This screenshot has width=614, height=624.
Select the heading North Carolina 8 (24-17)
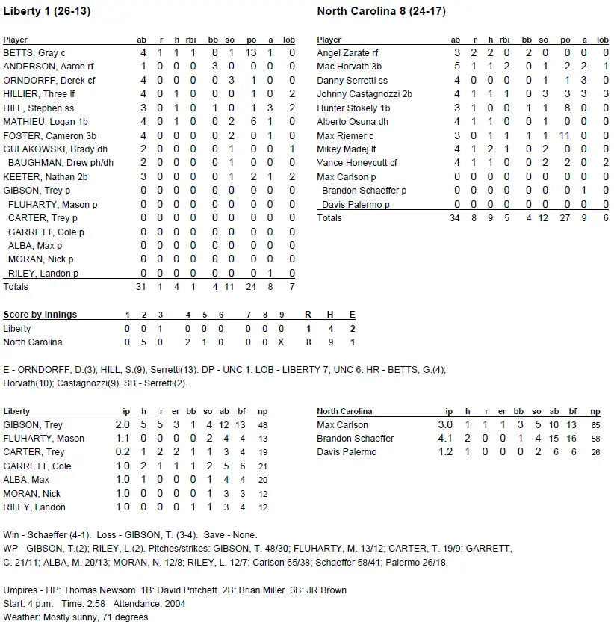click(x=382, y=11)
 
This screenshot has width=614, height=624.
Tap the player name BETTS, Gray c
click(x=34, y=53)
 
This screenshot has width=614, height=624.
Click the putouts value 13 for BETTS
click(x=251, y=53)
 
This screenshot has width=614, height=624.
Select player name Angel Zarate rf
click(x=347, y=53)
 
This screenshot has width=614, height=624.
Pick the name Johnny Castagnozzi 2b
click(x=365, y=94)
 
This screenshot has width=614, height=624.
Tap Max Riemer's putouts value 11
click(x=565, y=135)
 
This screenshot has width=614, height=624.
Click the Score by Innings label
click(x=40, y=315)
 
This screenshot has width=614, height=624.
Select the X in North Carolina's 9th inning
click(x=281, y=342)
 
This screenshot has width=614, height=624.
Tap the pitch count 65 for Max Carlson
click(x=594, y=425)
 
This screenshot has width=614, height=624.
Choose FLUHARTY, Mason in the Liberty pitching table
click(x=43, y=439)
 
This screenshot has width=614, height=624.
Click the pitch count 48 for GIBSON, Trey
click(x=262, y=425)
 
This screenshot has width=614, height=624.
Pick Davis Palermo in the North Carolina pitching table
click(x=347, y=452)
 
